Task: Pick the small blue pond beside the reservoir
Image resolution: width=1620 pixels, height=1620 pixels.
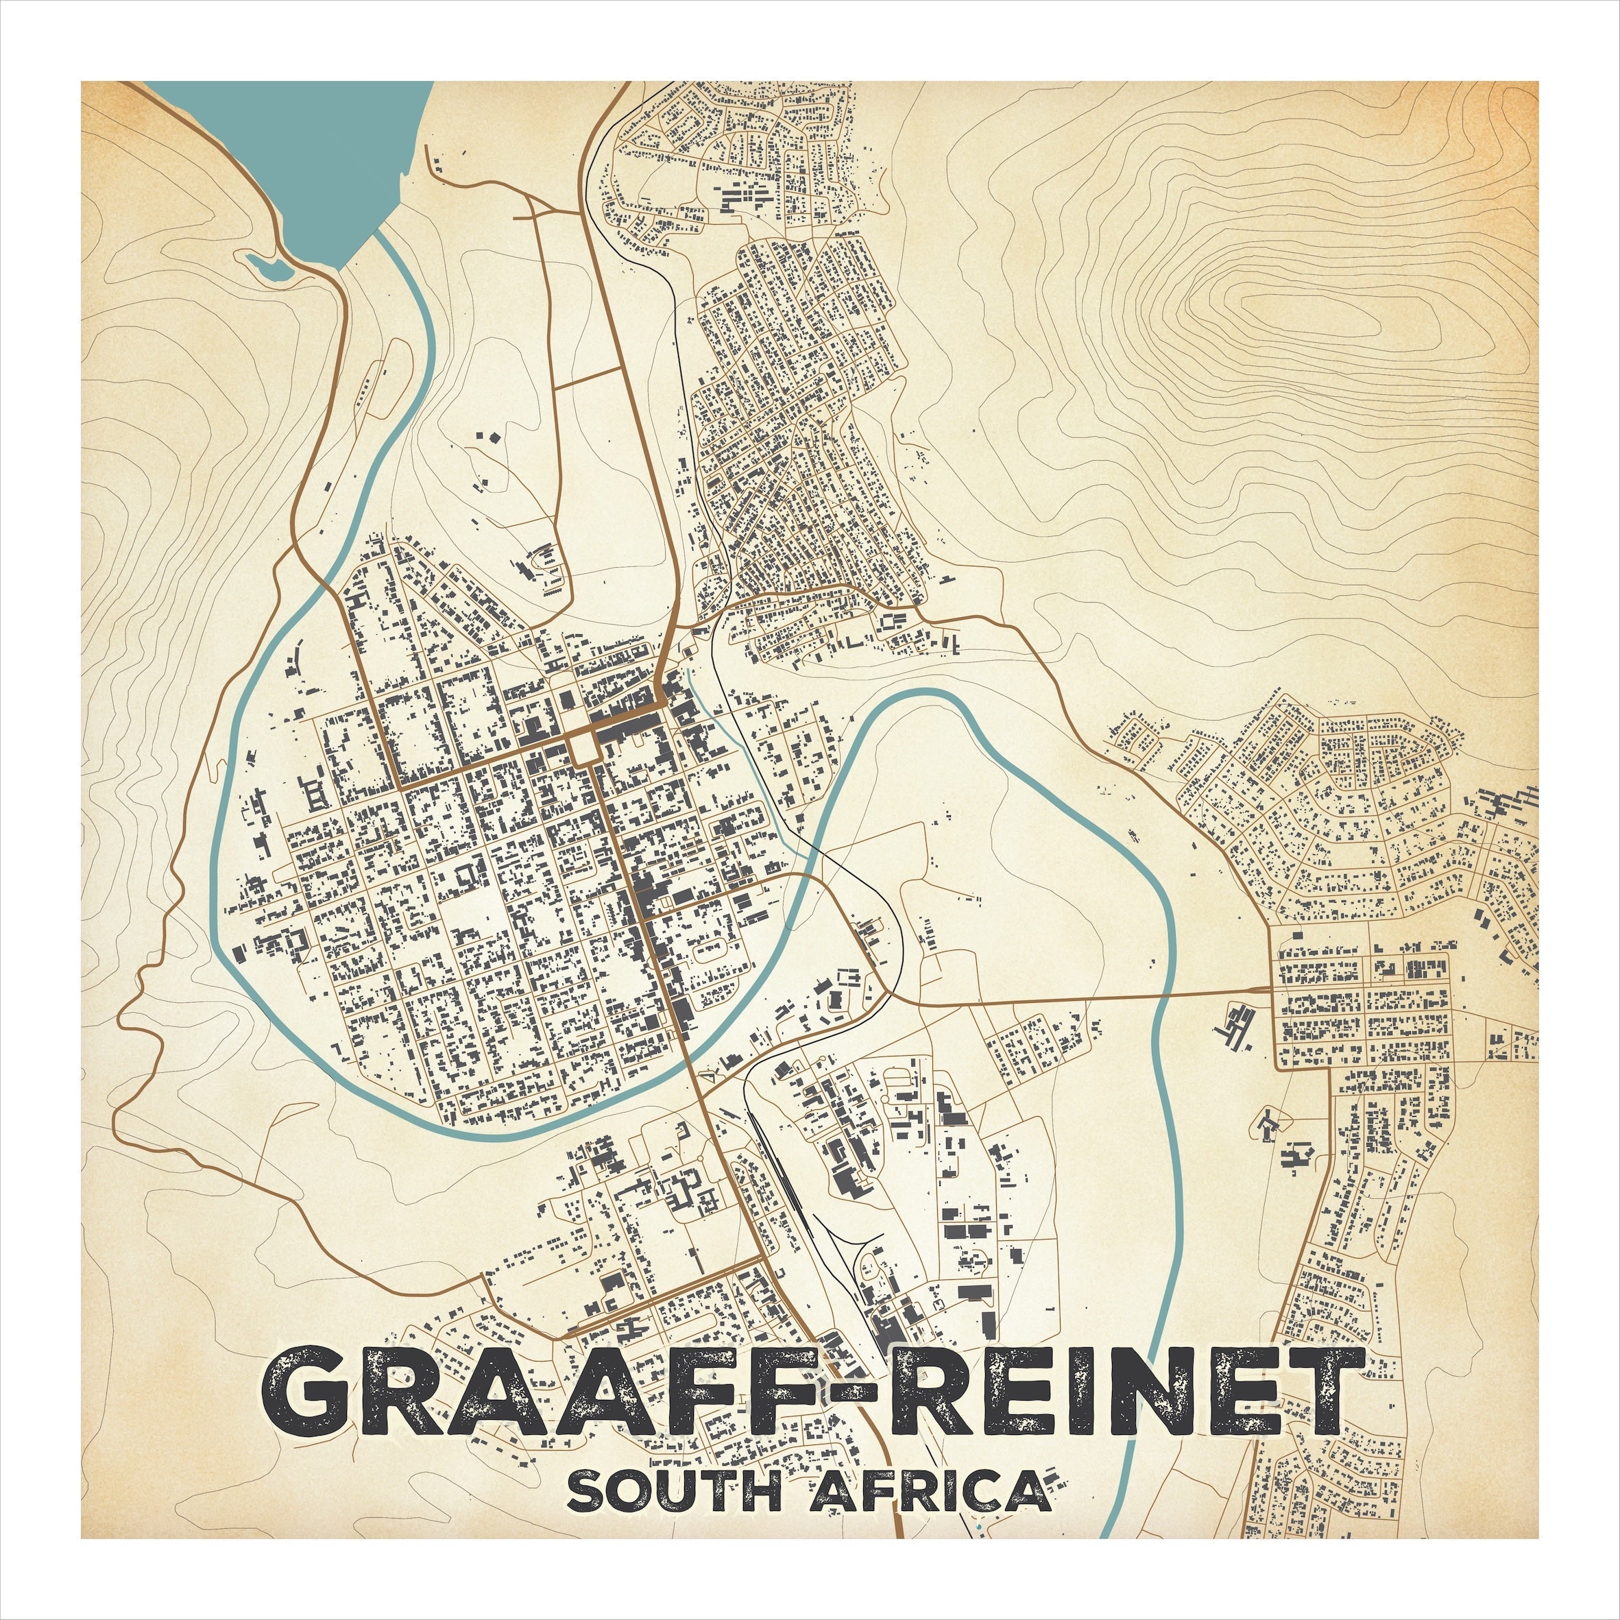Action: point(267,267)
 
